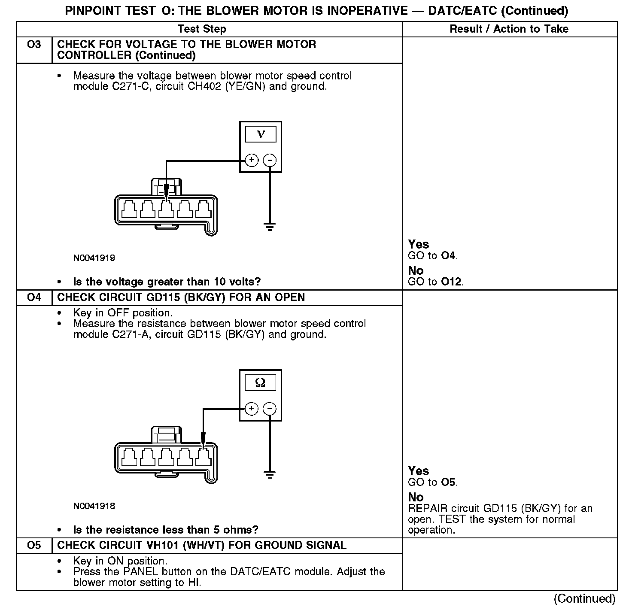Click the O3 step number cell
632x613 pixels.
pos(34,45)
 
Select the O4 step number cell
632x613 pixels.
pos(34,297)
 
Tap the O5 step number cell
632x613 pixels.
pos(34,545)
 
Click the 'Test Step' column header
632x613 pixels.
pos(202,29)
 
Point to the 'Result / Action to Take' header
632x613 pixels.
pos(509,29)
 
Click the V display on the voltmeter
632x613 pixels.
pos(261,134)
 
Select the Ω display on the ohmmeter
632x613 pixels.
pos(261,382)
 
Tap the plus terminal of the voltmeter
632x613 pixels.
pos(252,161)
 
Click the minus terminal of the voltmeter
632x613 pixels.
pos(270,161)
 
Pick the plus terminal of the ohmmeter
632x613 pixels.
pos(252,409)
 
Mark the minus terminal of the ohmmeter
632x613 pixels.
pos(270,409)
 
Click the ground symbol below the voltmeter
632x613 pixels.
pos(270,227)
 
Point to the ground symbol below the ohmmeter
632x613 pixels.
pos(270,474)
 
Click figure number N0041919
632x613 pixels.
pos(94,258)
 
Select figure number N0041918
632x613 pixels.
pos(94,506)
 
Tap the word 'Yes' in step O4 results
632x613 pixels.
pos(419,471)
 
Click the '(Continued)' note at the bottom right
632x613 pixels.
pos(585,598)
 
